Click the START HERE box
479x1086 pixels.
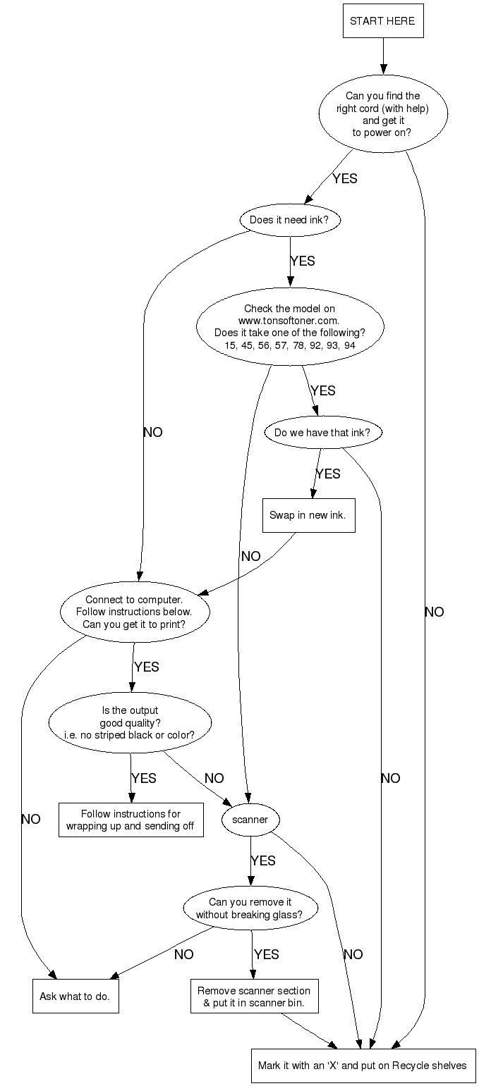(x=382, y=21)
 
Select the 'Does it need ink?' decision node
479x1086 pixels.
(x=289, y=220)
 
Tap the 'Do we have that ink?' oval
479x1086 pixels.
(x=322, y=433)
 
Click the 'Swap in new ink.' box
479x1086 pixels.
(x=308, y=515)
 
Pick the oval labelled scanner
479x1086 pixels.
(x=250, y=820)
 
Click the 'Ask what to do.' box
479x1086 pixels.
(x=75, y=996)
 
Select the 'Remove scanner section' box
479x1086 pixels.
(x=253, y=996)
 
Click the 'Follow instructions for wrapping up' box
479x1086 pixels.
(x=131, y=820)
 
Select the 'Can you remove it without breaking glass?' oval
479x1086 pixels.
(x=250, y=908)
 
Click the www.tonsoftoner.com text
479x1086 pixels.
(x=289, y=320)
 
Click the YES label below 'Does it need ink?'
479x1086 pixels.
(x=303, y=261)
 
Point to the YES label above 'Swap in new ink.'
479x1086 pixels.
(x=328, y=474)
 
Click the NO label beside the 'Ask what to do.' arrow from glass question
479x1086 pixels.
(x=183, y=955)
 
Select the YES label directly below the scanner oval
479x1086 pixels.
(x=263, y=861)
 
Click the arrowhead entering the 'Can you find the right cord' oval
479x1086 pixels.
(x=383, y=69)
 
